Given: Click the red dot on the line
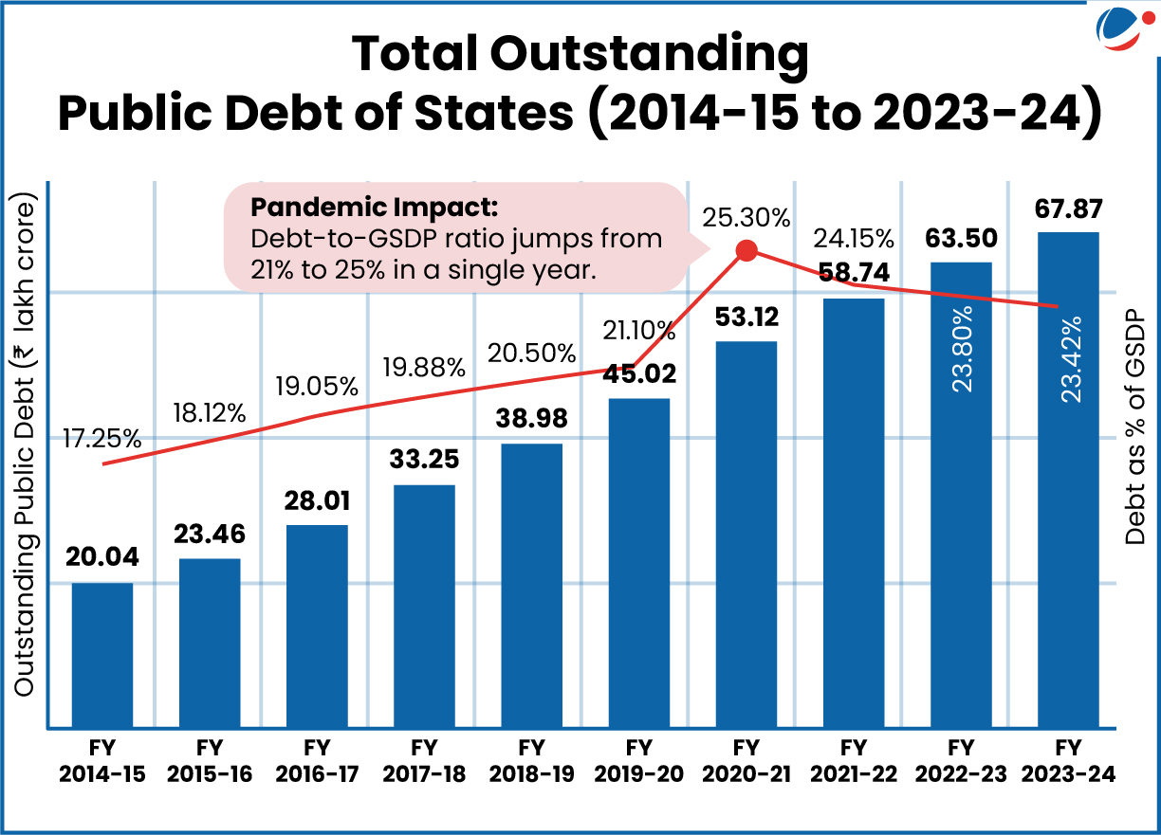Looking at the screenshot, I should click(746, 251).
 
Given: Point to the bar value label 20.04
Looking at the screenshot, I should click(101, 558).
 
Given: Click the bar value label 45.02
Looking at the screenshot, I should click(638, 373).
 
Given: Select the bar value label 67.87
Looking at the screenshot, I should click(1068, 209).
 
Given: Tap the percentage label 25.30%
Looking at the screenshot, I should click(746, 219).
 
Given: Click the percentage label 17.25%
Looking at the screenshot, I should click(102, 439).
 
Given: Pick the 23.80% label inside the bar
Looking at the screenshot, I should click(962, 352).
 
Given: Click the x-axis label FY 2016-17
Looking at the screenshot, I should click(317, 760).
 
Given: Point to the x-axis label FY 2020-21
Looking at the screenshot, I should click(746, 760).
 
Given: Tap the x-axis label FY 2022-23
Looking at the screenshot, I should click(961, 760).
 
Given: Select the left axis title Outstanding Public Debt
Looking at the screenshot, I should click(25, 445).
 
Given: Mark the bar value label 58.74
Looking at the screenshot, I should click(854, 273).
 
